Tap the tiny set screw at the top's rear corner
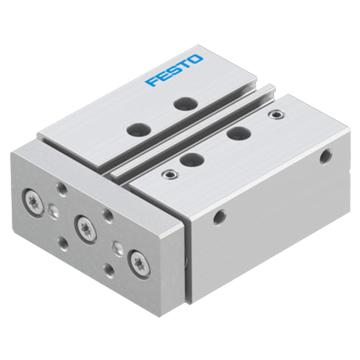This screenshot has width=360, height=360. tap(274, 115)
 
